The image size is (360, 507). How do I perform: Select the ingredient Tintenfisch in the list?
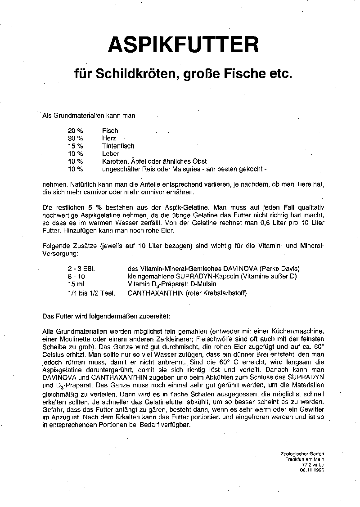118,146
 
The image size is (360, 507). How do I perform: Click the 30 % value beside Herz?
76,139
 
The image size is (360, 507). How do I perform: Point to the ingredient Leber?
110,154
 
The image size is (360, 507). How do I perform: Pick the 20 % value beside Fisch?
76,131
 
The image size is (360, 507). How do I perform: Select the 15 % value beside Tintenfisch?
76,146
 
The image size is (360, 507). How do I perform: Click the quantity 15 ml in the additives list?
76,284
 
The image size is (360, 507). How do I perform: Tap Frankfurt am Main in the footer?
304,459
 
